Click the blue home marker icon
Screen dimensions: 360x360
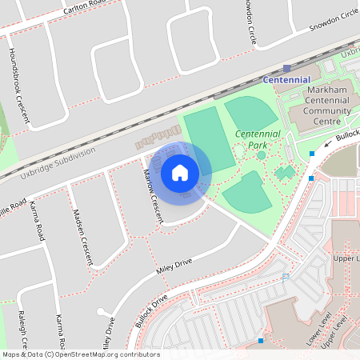(180, 172)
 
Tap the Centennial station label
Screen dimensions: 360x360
(286, 80)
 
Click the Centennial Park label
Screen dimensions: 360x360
(258, 139)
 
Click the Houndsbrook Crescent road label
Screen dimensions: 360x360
(18, 83)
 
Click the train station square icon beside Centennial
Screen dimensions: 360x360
(287, 69)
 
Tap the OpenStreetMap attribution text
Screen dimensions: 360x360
(80, 354)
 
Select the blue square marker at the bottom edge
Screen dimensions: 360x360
(260, 342)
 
